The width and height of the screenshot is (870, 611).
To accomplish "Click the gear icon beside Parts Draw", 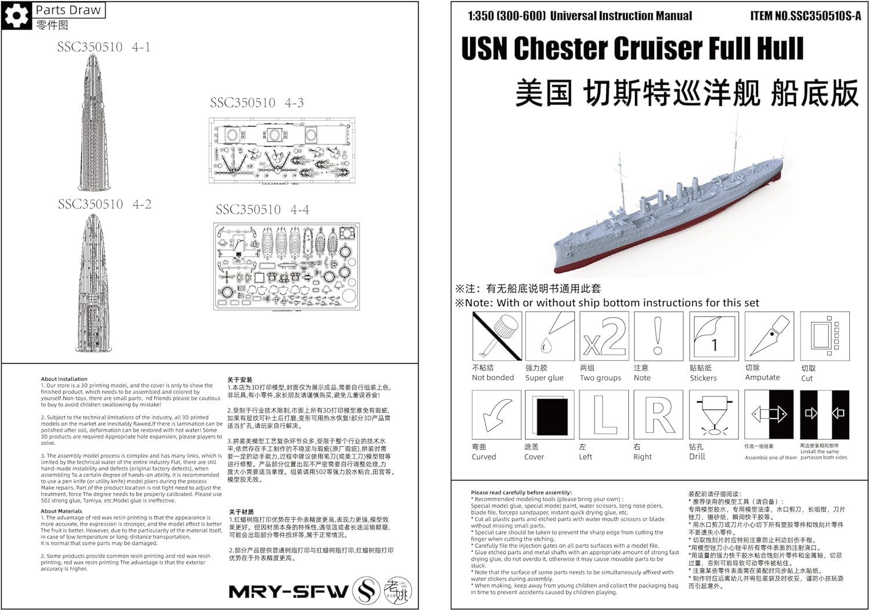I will pyautogui.click(x=16, y=16).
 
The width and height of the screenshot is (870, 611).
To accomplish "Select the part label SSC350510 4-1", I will pyautogui.click(x=104, y=47).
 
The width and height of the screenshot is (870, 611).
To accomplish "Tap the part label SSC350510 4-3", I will pyautogui.click(x=257, y=103).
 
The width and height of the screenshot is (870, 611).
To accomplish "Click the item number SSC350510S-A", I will pyautogui.click(x=806, y=16).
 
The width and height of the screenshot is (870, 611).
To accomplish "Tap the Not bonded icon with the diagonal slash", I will pyautogui.click(x=497, y=336).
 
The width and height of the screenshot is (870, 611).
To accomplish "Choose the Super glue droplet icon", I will pyautogui.click(x=549, y=336).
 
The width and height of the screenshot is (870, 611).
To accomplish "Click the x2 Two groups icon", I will pyautogui.click(x=604, y=336).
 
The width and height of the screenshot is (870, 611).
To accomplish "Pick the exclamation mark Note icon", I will pyautogui.click(x=658, y=336).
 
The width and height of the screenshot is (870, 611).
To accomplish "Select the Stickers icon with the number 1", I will pyautogui.click(x=713, y=336).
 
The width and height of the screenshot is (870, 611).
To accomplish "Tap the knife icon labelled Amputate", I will pyautogui.click(x=768, y=336).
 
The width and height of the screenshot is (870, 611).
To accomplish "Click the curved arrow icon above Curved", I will pyautogui.click(x=497, y=414).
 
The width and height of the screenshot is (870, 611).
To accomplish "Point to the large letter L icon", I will pyautogui.click(x=604, y=414).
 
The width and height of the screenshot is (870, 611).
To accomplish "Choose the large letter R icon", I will pyautogui.click(x=658, y=414).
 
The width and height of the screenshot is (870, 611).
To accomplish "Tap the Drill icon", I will pyautogui.click(x=713, y=414).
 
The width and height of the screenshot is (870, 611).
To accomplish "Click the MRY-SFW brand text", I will pyautogui.click(x=288, y=592).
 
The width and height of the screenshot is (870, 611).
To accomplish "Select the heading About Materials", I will pyautogui.click(x=61, y=511).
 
